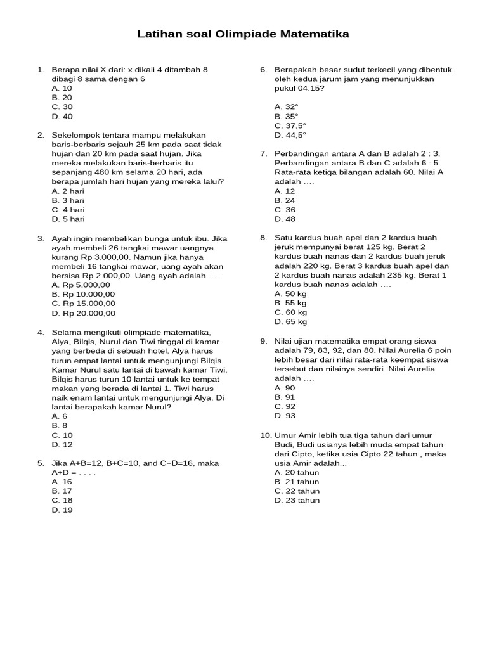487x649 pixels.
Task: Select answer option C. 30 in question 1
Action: (62, 107)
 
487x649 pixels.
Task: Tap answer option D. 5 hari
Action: (68, 219)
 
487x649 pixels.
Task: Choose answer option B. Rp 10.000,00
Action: (83, 294)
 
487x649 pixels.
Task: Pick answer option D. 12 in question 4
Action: (62, 444)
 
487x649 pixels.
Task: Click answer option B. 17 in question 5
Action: (62, 491)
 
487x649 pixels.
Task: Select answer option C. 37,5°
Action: (290, 125)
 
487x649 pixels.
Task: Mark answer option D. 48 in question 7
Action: (285, 219)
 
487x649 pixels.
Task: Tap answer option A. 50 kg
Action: (290, 293)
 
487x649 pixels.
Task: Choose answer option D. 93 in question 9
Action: (285, 416)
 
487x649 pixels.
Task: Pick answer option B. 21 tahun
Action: (297, 482)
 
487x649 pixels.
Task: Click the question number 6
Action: (263, 70)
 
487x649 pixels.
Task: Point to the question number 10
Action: (266, 435)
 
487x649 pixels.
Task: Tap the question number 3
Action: (41, 238)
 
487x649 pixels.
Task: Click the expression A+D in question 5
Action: (63, 472)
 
